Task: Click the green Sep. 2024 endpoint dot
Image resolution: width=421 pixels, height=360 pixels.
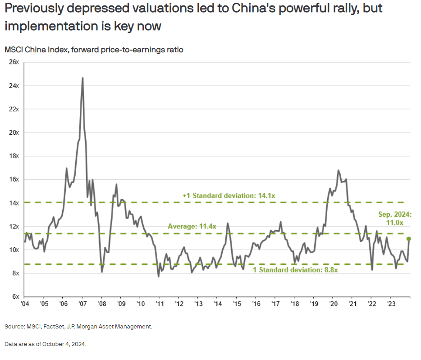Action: click(x=409, y=238)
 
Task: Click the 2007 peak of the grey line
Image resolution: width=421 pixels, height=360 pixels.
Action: click(x=82, y=78)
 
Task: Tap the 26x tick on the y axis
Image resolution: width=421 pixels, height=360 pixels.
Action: click(x=14, y=62)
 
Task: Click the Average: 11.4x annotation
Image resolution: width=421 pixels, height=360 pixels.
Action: click(x=192, y=227)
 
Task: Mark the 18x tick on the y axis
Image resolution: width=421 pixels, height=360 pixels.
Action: click(x=14, y=156)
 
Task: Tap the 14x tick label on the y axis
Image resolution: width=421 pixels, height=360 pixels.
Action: click(x=14, y=203)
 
